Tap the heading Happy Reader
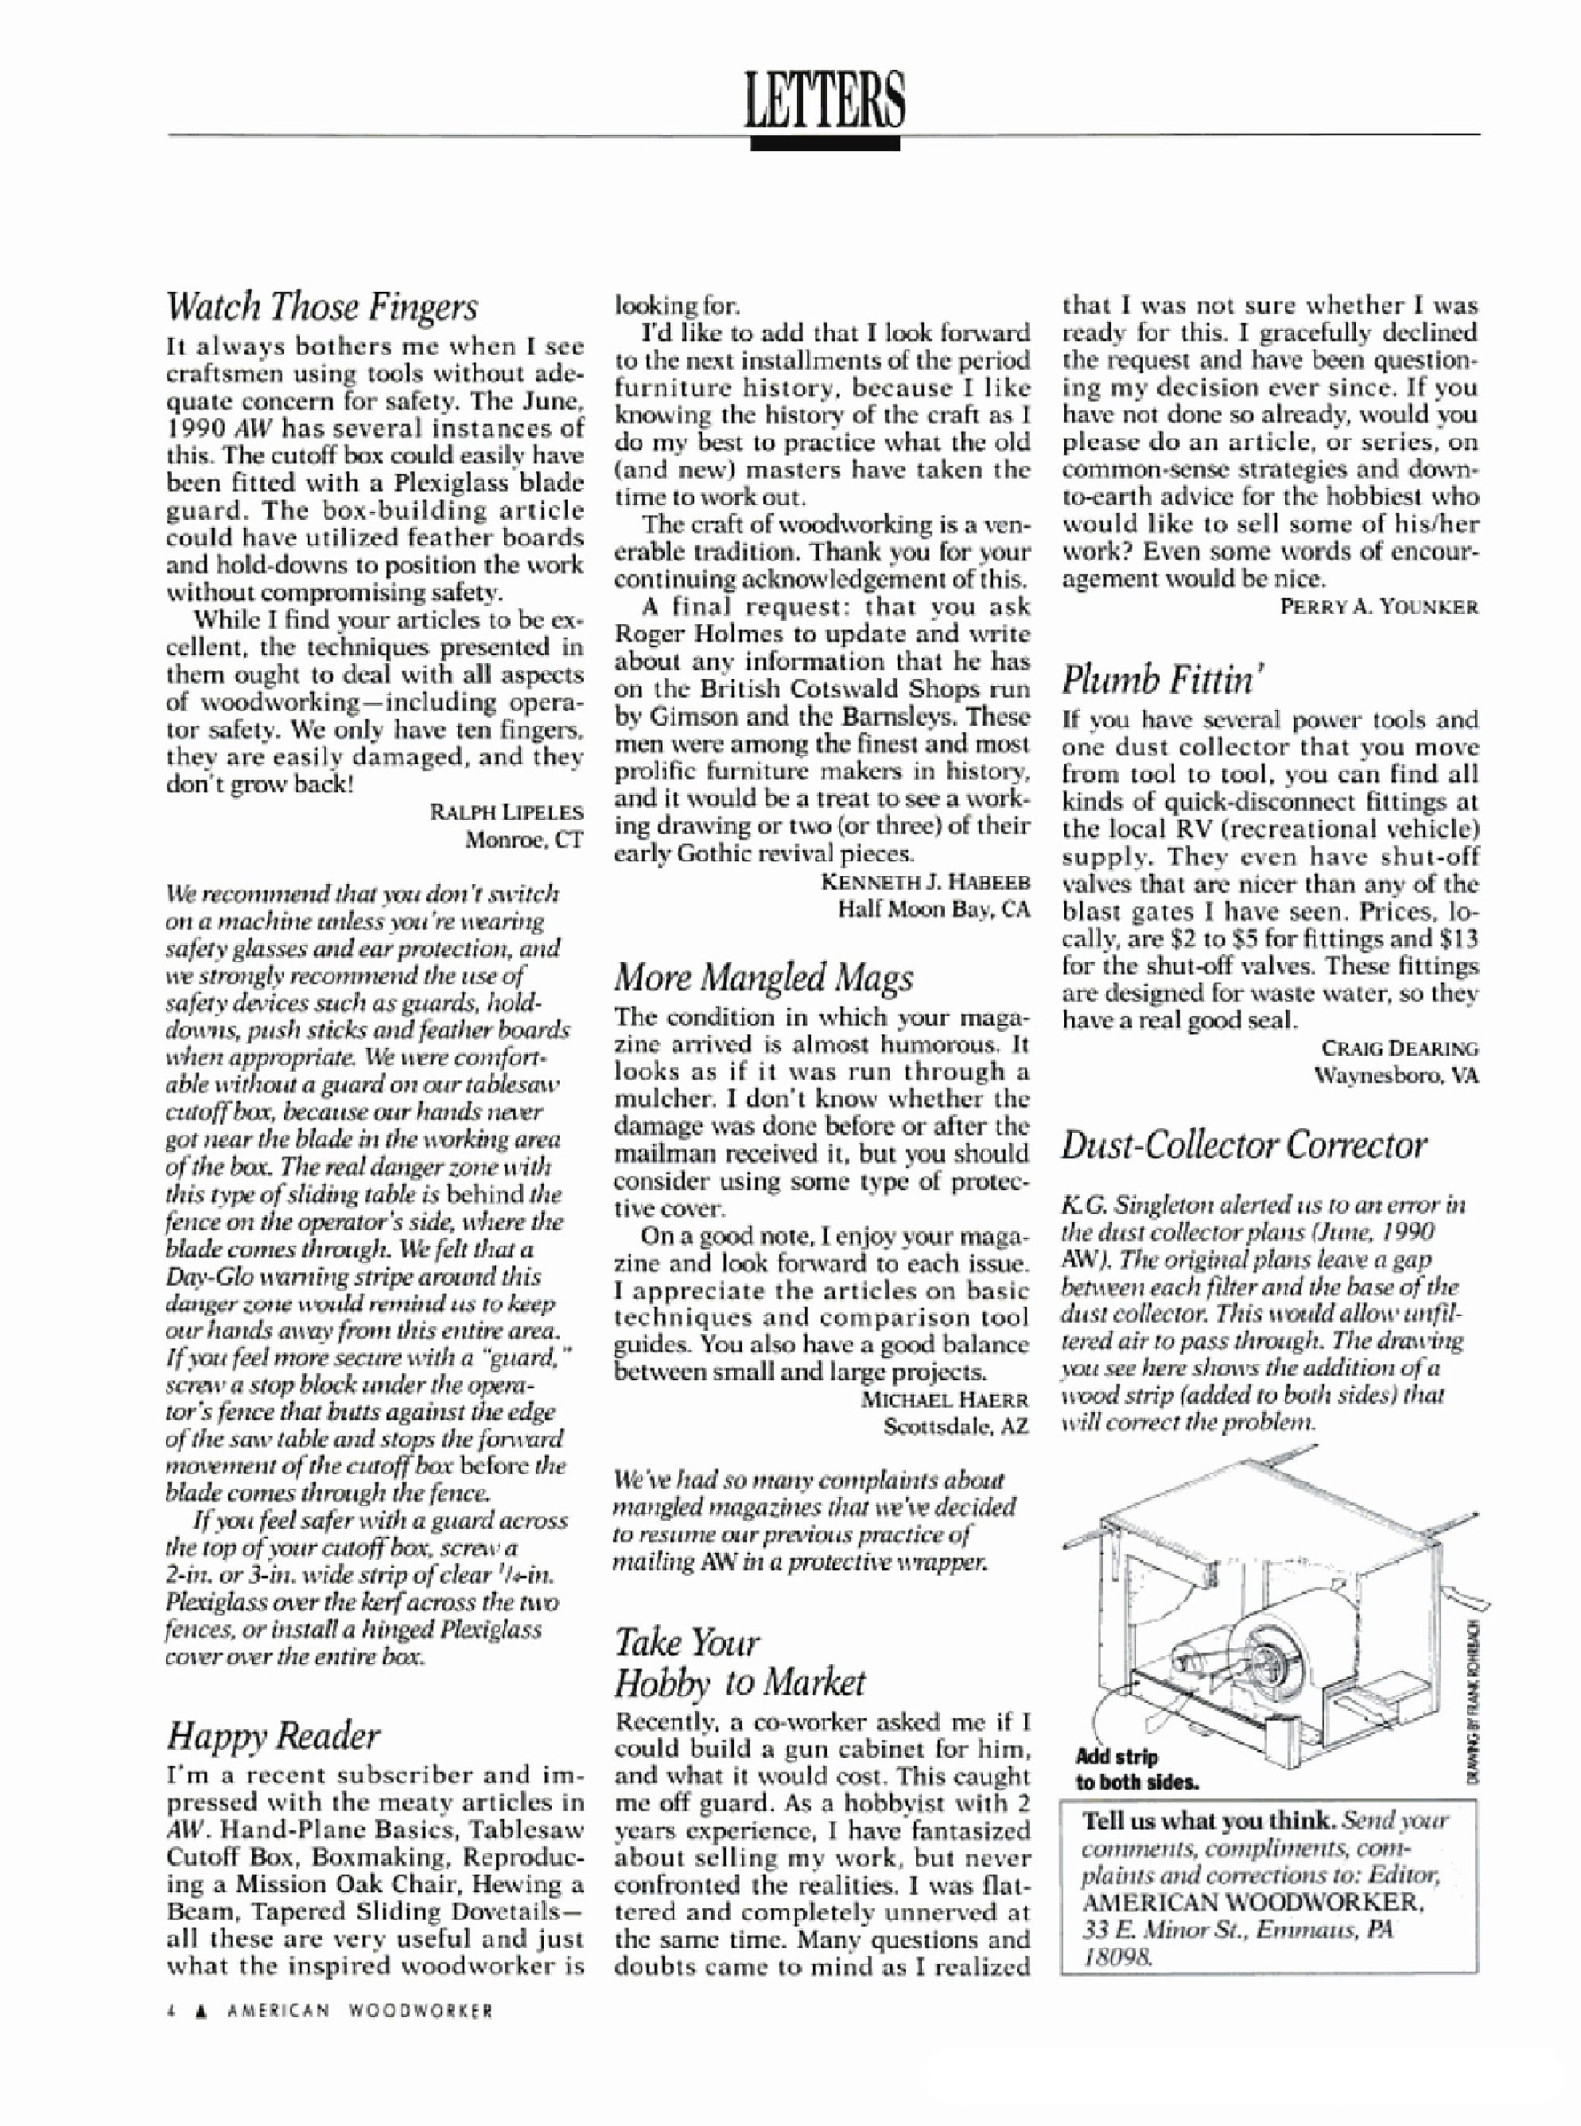273,1736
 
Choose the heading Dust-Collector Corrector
1243,1144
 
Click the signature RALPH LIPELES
507,813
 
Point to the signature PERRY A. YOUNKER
1380,607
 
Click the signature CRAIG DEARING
1397,1049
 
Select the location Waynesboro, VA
1397,1076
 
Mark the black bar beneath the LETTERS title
825,144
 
